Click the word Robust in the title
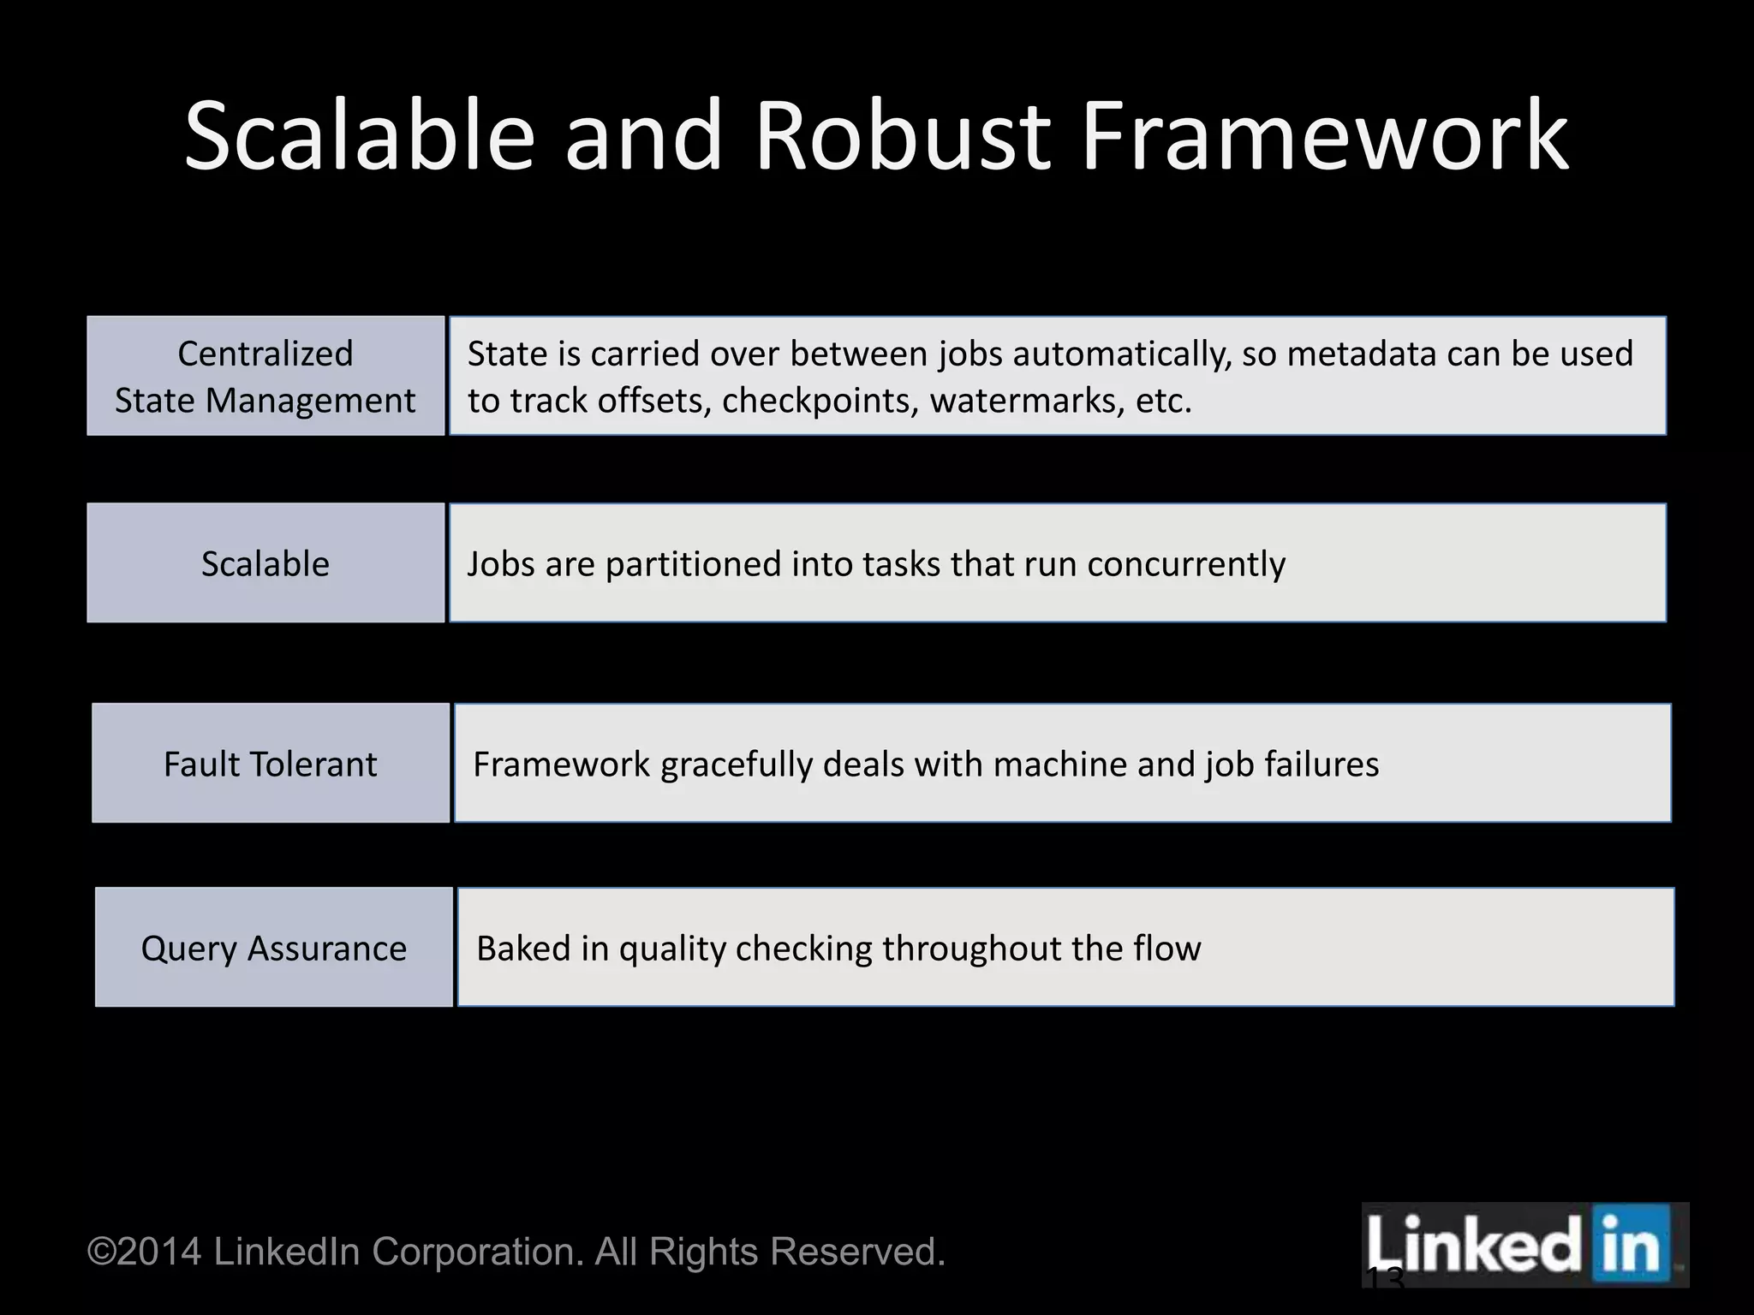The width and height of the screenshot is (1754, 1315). coord(902,137)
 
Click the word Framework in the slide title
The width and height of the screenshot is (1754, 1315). coord(1324,137)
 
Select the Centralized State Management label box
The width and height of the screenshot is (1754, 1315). coord(265,377)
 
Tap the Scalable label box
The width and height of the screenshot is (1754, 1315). coord(265,563)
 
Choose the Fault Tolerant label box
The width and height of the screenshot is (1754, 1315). coord(271,764)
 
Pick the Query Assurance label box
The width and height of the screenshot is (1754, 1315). coord(274,948)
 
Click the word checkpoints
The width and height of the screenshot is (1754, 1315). coord(820,401)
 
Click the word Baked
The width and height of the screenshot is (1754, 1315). coord(517,949)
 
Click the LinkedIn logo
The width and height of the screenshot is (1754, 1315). coord(1524,1245)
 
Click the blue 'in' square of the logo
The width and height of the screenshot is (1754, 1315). coord(1632,1245)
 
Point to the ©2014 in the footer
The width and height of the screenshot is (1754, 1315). coord(145,1252)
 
